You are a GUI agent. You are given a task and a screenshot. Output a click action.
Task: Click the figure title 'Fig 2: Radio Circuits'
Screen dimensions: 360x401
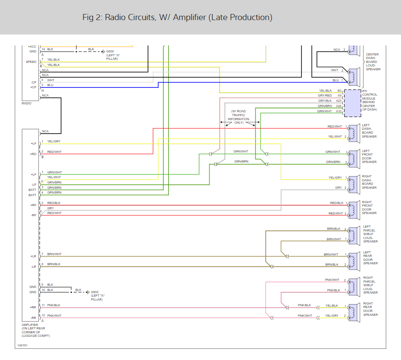(177, 17)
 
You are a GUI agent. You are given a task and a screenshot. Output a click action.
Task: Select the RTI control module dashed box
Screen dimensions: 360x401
(352, 103)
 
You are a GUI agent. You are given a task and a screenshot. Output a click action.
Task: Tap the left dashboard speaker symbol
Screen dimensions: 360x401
(353, 132)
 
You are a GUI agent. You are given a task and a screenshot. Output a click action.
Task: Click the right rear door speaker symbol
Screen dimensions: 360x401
(353, 310)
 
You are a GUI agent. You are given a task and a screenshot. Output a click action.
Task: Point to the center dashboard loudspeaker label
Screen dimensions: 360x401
(373, 62)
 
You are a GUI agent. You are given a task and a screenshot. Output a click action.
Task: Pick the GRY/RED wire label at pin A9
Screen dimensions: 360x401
(325, 95)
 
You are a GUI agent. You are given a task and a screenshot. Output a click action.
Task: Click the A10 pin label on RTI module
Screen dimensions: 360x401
(339, 111)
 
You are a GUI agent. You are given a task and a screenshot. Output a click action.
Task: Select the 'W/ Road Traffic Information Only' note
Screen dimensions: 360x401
(238, 117)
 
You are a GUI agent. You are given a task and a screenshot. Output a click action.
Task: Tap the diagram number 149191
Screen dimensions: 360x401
(22, 345)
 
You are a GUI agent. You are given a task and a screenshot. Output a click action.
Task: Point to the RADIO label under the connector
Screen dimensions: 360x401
(27, 104)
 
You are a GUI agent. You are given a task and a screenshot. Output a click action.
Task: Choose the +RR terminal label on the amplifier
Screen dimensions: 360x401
(33, 307)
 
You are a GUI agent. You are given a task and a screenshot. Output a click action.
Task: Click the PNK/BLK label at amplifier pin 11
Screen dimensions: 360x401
(54, 305)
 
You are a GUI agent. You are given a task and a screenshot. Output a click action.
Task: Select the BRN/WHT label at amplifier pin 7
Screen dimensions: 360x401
(54, 254)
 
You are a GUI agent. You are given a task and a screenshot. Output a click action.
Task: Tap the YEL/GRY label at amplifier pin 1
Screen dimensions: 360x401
(54, 141)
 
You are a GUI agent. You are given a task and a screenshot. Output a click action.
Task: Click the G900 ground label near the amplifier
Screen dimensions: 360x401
(95, 292)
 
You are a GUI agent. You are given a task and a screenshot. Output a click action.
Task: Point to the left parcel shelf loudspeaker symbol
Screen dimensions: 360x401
(353, 234)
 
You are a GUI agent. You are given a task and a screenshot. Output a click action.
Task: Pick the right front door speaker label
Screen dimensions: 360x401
(369, 208)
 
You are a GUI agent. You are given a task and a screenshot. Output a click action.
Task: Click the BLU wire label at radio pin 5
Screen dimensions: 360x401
(50, 85)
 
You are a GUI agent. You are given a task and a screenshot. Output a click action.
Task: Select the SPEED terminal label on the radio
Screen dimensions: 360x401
(31, 62)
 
